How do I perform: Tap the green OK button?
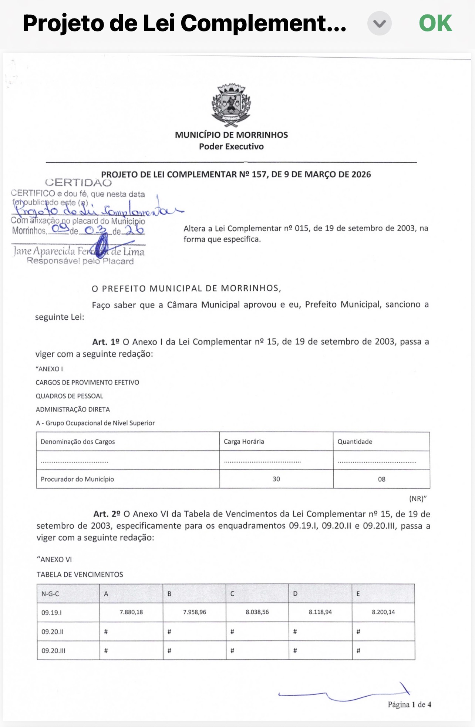435,23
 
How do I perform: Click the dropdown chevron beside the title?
379,24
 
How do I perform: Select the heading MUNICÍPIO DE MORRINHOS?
231,135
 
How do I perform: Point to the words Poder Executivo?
231,147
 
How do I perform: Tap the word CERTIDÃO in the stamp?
78,182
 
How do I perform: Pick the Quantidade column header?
355,441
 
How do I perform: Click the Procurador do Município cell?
77,479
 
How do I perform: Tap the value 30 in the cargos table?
276,479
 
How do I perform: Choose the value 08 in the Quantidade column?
381,479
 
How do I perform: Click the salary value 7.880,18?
131,612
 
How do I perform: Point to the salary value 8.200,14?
383,612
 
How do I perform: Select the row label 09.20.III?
53,651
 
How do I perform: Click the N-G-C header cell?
50,594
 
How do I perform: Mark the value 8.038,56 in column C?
257,612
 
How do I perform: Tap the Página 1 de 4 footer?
409,704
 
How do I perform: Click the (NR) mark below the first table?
418,499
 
